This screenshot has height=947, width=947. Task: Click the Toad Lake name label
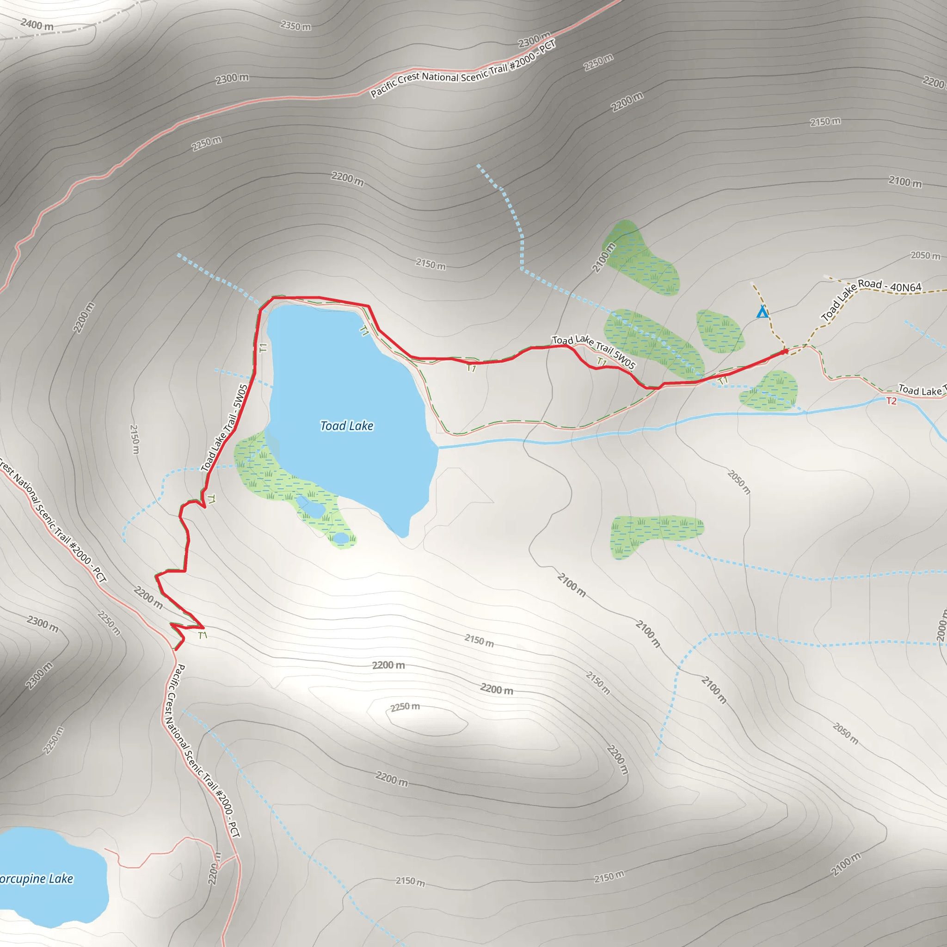(x=346, y=426)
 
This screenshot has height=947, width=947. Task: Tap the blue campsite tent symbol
(x=762, y=312)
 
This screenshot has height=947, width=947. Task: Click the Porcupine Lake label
(x=35, y=879)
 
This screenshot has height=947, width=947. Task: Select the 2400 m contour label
(x=37, y=24)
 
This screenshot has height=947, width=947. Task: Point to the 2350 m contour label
(x=295, y=25)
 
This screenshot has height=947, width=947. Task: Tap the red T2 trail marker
(x=891, y=401)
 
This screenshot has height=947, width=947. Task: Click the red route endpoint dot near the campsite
(x=785, y=351)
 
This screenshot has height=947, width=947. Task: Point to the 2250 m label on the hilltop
(x=406, y=707)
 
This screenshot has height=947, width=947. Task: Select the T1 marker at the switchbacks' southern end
(x=203, y=635)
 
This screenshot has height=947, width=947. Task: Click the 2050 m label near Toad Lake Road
(x=925, y=255)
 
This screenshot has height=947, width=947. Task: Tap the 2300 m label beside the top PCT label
(x=534, y=39)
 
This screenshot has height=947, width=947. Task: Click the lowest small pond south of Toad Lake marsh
(x=341, y=538)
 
